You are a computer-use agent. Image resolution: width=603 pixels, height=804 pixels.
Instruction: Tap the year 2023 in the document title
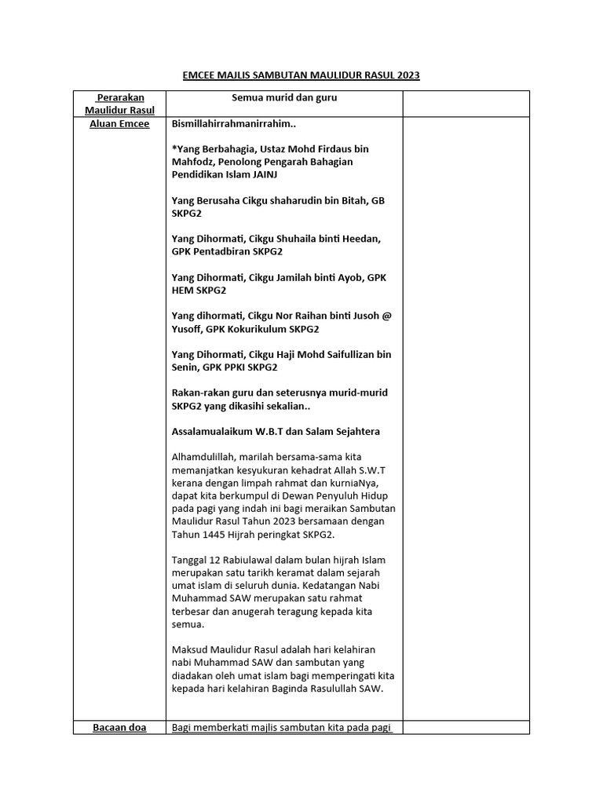(x=407, y=75)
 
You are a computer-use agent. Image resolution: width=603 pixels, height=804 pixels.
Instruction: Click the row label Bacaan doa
(x=120, y=727)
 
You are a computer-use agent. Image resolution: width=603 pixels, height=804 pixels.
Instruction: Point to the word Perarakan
(x=122, y=97)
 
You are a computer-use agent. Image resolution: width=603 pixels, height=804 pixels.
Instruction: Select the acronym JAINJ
(x=261, y=174)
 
